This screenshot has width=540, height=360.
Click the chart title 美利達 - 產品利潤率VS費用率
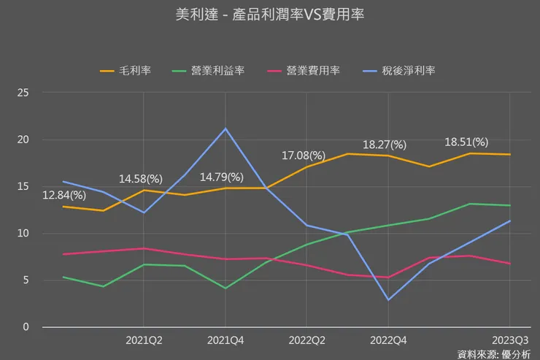pos(270,15)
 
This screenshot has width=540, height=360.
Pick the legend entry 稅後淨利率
pos(409,71)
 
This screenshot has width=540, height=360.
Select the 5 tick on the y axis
pos(26,280)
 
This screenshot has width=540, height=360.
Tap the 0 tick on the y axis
pos(26,326)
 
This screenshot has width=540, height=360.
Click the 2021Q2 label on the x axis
pos(144,340)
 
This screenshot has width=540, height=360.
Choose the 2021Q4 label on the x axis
pos(225,340)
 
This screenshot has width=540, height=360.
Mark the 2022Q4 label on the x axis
pos(388,340)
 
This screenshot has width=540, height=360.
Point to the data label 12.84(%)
pos(64,195)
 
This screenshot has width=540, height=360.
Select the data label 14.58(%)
pos(142,178)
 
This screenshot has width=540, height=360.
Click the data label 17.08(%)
pos(304,156)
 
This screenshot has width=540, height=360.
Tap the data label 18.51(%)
pos(467,142)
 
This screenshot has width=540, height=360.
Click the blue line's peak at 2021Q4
pos(225,129)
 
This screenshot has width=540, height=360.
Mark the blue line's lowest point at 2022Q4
pos(388,299)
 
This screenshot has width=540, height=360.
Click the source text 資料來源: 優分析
pos(493,353)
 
